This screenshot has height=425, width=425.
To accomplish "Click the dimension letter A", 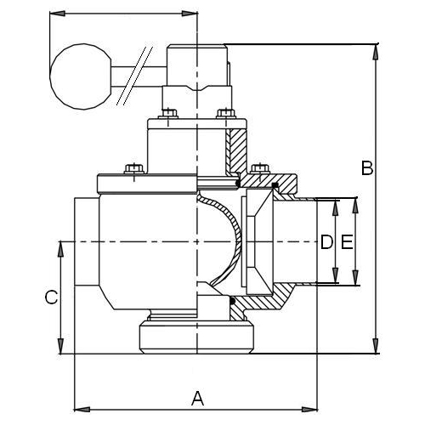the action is click(197, 398).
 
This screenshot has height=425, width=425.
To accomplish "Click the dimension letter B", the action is click(367, 167).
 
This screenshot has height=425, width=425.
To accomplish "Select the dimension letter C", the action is click(52, 297).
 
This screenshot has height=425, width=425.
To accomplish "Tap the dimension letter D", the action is click(326, 242).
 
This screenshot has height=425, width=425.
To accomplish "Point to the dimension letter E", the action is click(347, 242).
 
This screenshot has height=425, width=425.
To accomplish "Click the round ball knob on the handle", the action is click(81, 76).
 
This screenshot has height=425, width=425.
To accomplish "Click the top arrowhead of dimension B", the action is click(376, 52).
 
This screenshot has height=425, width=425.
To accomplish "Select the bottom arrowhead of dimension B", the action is click(376, 346).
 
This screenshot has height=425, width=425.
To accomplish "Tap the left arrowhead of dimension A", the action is click(82, 409).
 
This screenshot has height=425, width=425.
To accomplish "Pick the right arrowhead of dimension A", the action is click(309, 409).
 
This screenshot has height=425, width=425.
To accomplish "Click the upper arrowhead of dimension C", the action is click(60, 249).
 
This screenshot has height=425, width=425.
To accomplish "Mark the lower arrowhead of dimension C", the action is click(60, 346).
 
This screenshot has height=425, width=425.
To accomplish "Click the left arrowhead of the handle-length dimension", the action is click(58, 14).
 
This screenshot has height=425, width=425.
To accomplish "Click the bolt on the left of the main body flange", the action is click(134, 169).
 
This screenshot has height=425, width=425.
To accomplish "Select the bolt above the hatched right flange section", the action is click(260, 169).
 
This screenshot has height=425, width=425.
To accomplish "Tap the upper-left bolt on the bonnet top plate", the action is click(168, 113).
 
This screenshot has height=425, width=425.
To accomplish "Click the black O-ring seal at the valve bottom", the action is click(233, 300).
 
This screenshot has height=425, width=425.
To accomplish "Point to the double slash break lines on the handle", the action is click(134, 76).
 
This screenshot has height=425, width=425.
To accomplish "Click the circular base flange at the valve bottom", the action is click(196, 337).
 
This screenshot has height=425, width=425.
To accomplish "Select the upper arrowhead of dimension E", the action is click(355, 206).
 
